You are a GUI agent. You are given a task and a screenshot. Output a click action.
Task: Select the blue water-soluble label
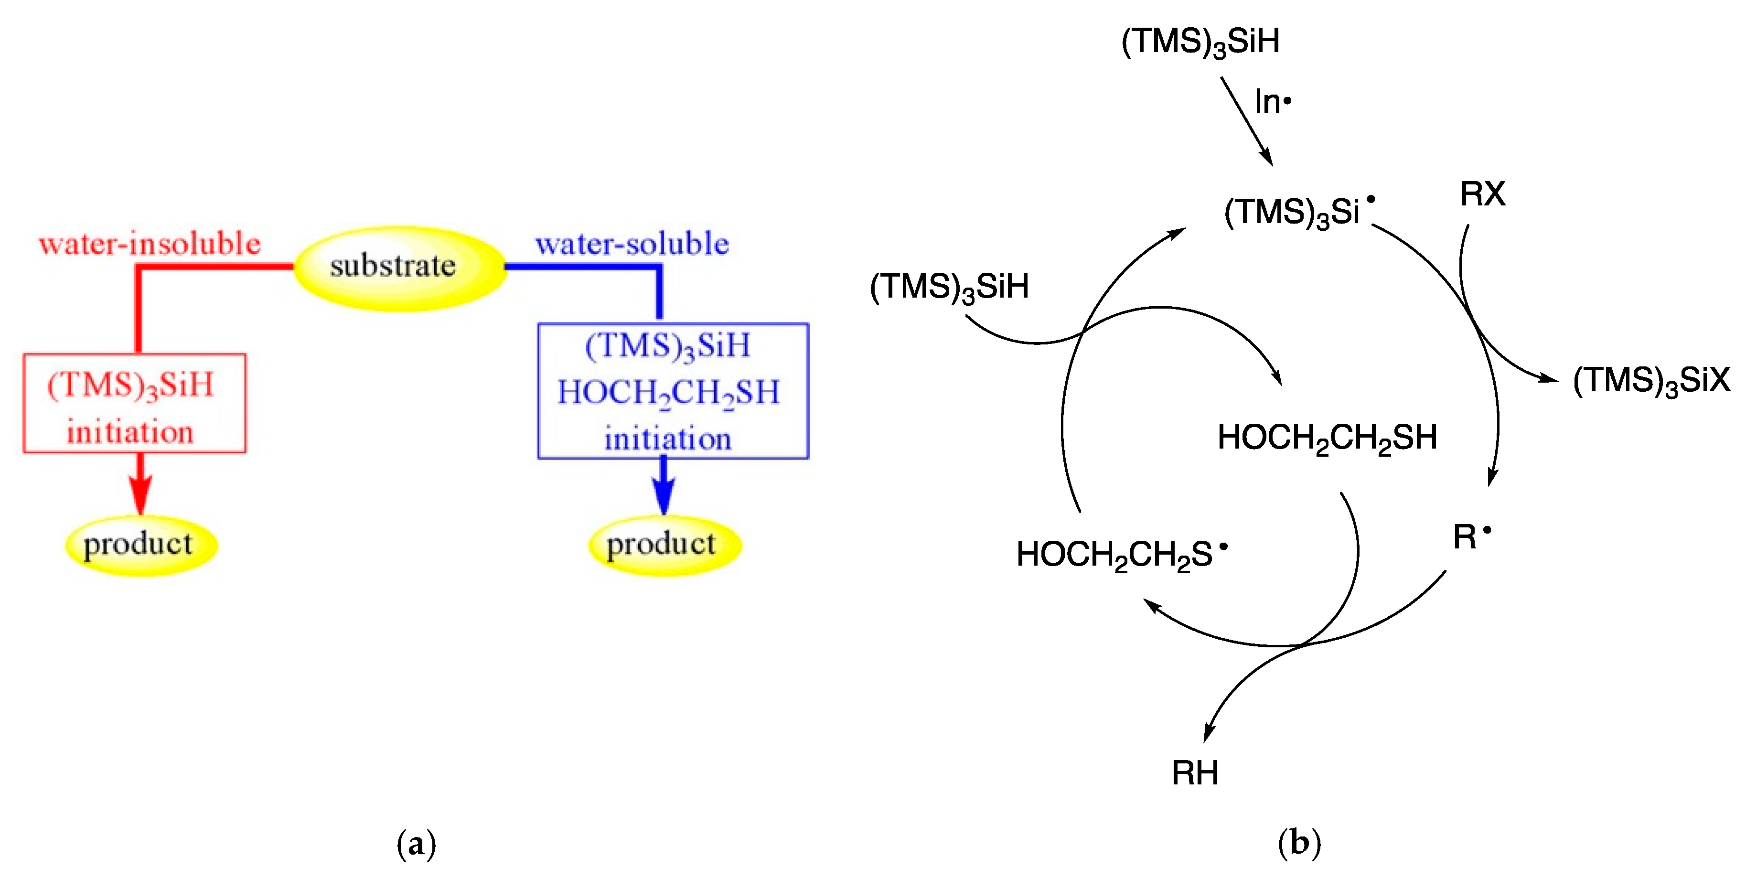pyautogui.click(x=632, y=244)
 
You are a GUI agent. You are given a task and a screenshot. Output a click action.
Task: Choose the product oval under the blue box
pyautogui.click(x=664, y=545)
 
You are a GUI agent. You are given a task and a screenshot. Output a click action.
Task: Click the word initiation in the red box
pyautogui.click(x=130, y=432)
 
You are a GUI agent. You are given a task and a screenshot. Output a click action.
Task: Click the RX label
pyautogui.click(x=1482, y=194)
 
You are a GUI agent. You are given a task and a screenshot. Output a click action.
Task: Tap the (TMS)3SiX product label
pyautogui.click(x=1651, y=380)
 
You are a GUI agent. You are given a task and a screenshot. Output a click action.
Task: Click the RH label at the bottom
pyautogui.click(x=1195, y=772)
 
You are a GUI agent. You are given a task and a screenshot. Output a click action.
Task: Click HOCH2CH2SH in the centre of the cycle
pyautogui.click(x=1327, y=438)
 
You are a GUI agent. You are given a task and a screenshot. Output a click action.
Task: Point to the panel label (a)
pyautogui.click(x=416, y=844)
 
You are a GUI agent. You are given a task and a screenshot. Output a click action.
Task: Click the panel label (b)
pyautogui.click(x=1299, y=843)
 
